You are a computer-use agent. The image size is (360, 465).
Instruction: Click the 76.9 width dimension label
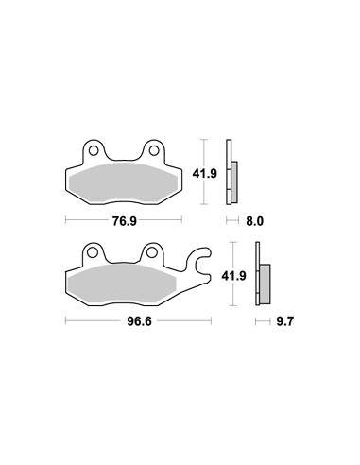[125, 221]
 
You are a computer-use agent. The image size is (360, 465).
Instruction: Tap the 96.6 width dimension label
[139, 321]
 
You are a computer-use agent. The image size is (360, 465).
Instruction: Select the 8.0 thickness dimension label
[254, 221]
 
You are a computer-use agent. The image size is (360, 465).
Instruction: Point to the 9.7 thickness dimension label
[284, 321]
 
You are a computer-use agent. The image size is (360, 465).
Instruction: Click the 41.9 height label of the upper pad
[205, 173]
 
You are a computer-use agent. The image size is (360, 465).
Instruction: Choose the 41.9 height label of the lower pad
[233, 276]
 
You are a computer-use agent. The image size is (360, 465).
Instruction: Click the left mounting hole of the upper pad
[94, 151]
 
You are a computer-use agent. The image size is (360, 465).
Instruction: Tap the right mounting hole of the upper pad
[154, 151]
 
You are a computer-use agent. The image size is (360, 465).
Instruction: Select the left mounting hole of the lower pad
[93, 252]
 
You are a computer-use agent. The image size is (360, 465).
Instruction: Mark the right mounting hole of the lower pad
[152, 252]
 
